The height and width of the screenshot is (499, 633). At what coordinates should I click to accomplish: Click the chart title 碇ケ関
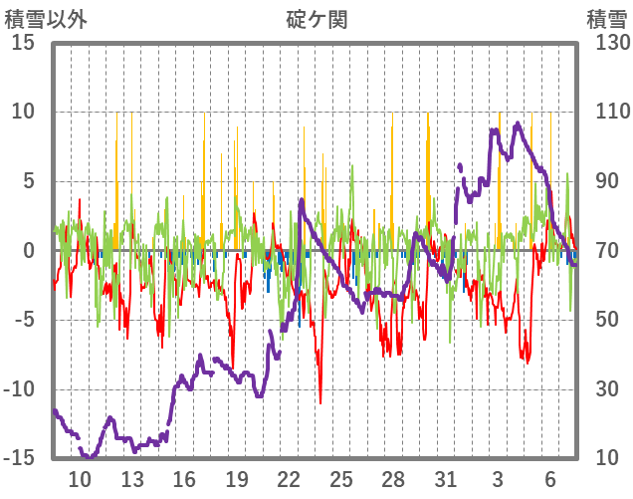(316, 19)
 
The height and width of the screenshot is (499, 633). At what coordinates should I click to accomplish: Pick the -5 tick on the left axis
(24, 321)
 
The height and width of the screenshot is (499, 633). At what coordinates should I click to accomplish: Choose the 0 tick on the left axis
(29, 251)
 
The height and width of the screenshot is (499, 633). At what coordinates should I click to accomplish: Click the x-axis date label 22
(289, 479)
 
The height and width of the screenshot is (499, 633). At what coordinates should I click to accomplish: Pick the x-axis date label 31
(445, 479)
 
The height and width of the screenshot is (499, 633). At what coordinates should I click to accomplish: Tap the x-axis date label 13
(132, 479)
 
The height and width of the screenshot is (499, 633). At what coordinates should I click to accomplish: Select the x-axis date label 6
(549, 479)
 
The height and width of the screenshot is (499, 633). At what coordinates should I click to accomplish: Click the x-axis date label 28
(393, 479)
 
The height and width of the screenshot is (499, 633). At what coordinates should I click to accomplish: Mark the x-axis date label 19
(237, 479)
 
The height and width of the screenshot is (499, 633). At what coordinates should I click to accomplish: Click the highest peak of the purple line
(518, 124)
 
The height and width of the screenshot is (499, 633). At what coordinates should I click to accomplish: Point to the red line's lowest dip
(320, 402)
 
